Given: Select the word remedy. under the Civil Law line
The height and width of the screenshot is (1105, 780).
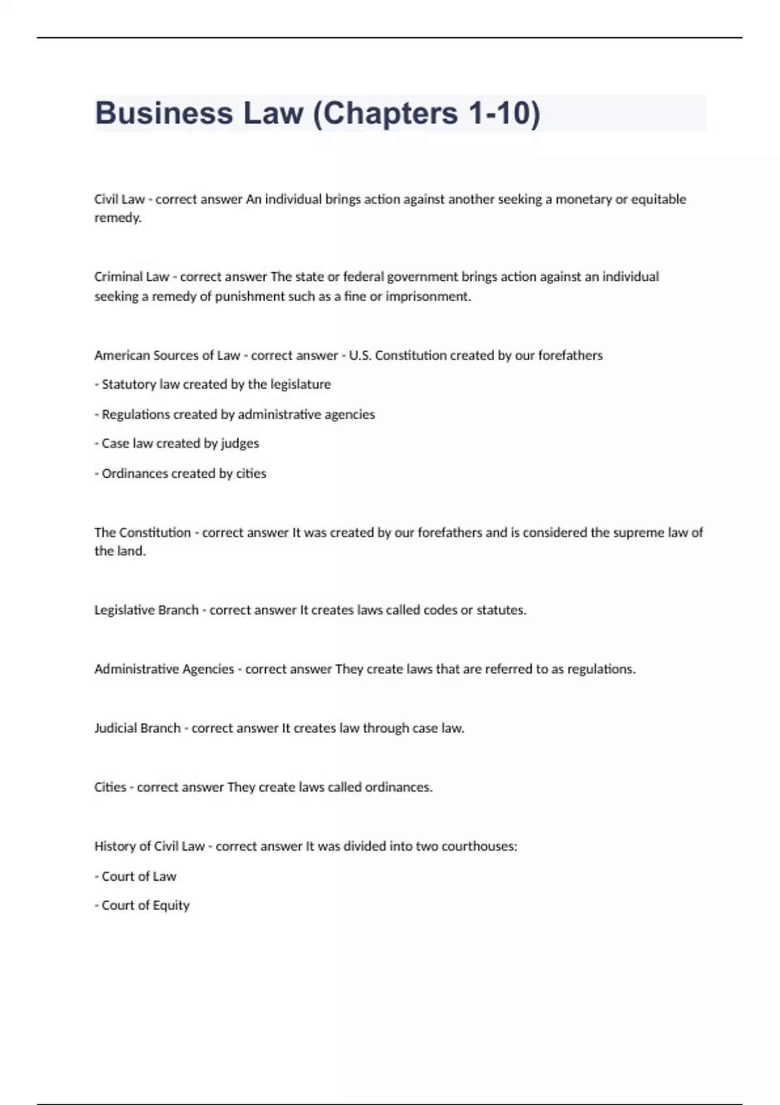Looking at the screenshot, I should [x=118, y=218].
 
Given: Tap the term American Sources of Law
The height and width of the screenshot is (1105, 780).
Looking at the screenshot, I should [x=167, y=356].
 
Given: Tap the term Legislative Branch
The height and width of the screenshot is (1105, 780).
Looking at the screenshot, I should [x=146, y=610].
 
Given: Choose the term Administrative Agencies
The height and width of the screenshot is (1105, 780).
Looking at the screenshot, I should [x=164, y=669].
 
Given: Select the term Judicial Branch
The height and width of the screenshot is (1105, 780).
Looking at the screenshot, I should [x=137, y=728].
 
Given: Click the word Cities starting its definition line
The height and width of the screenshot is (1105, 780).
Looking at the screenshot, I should [x=110, y=787].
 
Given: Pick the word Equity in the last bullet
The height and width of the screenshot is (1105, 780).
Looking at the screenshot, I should [x=171, y=905].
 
